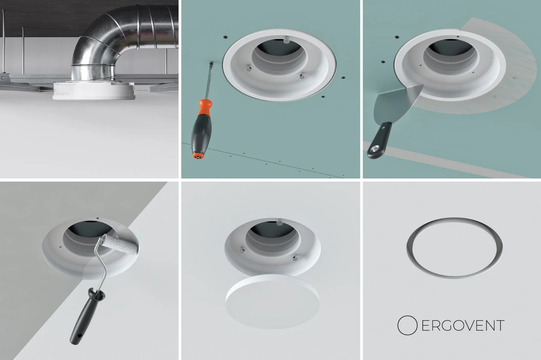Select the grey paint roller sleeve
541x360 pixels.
point(116,244)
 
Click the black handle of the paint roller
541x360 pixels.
point(81,316)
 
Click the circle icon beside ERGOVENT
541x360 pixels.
point(408,326)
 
